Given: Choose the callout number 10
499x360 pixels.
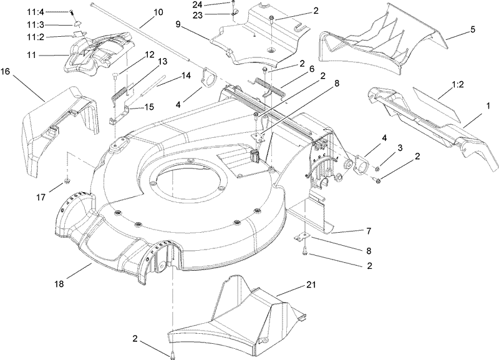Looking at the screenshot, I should click(157, 12).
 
